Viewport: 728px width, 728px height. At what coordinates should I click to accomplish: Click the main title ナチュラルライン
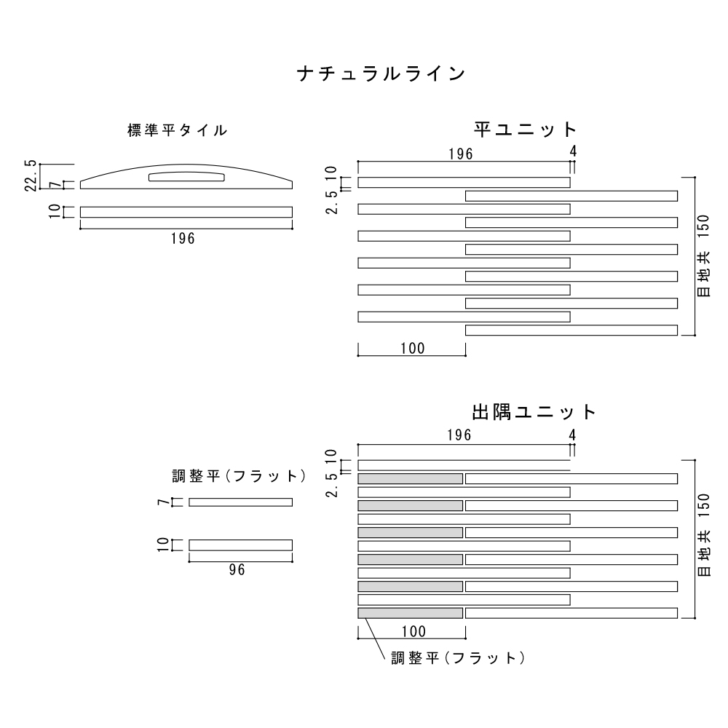(381, 74)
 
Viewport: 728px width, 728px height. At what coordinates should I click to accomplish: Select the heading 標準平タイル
(177, 131)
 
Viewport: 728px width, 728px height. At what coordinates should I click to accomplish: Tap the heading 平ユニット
(525, 130)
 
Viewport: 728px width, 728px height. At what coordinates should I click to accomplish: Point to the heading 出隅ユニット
(534, 412)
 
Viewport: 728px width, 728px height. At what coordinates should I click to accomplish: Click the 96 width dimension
(236, 570)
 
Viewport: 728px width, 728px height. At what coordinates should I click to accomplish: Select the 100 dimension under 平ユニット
(412, 348)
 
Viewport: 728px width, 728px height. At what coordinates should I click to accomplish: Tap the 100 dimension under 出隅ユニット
(412, 630)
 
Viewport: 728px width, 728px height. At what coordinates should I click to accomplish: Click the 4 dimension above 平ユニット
(573, 151)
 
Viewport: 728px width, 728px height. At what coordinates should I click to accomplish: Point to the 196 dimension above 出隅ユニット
(460, 435)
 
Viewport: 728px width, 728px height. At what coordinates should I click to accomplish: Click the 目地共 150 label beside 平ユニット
(703, 256)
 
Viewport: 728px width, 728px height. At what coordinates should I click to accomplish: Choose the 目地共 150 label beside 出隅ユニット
(703, 537)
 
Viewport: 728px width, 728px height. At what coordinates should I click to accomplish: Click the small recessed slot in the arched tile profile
(187, 177)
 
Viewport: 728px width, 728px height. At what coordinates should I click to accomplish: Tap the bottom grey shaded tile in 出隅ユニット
(411, 613)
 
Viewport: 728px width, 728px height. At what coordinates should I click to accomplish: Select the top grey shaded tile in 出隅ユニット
(411, 478)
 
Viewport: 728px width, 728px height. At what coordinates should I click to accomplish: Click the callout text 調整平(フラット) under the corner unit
(457, 658)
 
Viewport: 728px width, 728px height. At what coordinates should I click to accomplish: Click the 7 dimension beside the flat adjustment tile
(165, 502)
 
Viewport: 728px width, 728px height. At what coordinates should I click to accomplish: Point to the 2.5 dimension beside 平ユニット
(331, 202)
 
